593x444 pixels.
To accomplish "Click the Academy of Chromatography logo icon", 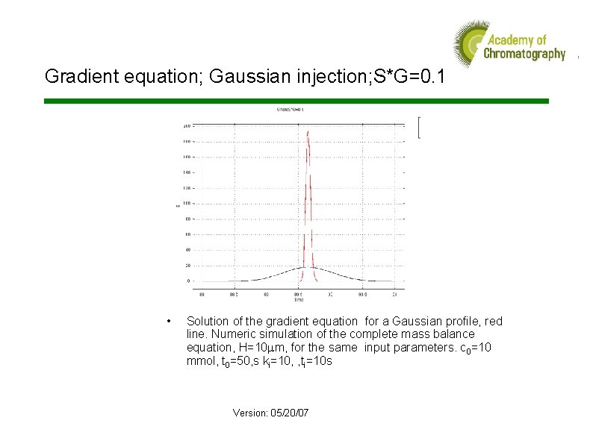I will pos(469,43).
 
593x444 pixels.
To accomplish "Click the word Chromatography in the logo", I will pos(524,54).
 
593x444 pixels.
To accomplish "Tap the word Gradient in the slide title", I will pos(73,76).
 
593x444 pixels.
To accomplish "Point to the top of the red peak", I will pos(308,132).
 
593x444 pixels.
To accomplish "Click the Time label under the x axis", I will pos(299,300).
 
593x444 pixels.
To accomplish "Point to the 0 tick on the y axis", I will pos(187,281).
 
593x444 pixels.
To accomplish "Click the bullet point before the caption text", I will pos(172,322).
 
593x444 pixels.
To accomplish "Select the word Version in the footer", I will pos(249,413).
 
